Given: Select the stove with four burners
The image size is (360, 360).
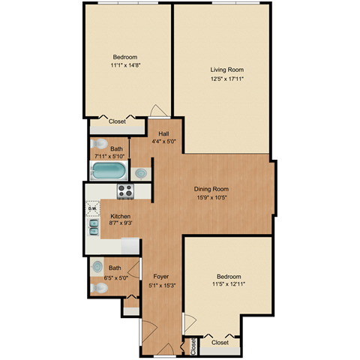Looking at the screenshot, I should (124, 191).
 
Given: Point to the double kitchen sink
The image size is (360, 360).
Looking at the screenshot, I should (93, 226).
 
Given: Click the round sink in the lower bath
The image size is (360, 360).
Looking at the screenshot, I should (97, 266).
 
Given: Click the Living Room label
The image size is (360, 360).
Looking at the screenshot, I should (223, 69).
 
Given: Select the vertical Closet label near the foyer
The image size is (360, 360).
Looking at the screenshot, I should (193, 346).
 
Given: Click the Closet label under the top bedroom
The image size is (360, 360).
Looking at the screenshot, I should (117, 120).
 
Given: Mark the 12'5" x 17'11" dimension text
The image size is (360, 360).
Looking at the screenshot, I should (223, 77).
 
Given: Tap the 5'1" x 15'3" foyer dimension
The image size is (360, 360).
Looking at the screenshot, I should (161, 284).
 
